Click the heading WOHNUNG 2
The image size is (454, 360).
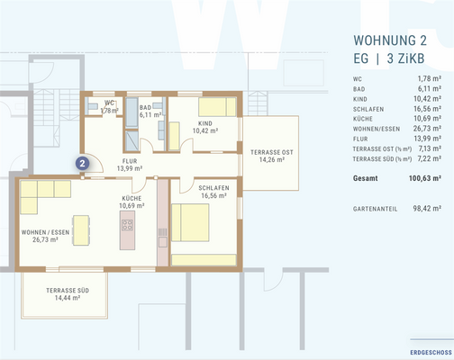coord(390,40)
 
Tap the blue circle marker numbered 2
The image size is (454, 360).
coord(82,163)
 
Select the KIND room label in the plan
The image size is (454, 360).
coord(204,124)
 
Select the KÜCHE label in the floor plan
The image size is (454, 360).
coord(132,199)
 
